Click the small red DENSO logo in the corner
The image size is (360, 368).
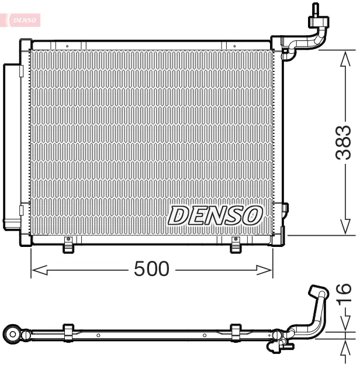point(22,20)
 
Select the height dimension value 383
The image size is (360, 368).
point(344,142)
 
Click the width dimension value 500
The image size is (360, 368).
point(151,269)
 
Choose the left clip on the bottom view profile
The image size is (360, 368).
point(68,332)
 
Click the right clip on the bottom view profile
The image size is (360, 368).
point(236,332)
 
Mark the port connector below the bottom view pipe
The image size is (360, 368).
point(277,347)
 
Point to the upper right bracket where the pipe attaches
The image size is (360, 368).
point(286,48)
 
